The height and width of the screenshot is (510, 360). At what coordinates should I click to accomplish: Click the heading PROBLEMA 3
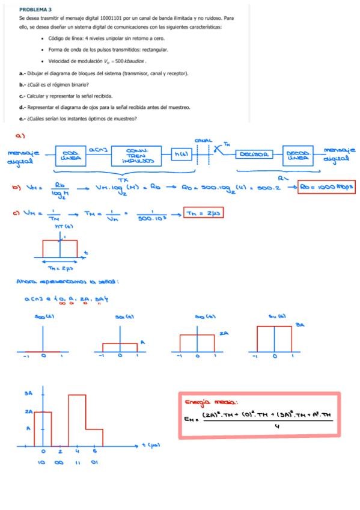[35, 10]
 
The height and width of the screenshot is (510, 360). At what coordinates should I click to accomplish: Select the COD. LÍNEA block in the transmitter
[71, 155]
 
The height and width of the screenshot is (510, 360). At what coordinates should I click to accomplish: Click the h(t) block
[180, 155]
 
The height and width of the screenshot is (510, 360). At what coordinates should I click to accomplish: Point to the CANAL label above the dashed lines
[204, 140]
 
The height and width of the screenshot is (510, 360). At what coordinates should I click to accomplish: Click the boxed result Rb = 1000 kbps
[328, 188]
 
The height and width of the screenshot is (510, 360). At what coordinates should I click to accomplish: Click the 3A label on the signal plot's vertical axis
[27, 395]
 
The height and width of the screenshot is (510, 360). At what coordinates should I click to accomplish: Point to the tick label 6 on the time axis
[95, 452]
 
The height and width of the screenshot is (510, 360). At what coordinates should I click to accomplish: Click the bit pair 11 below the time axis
[78, 462]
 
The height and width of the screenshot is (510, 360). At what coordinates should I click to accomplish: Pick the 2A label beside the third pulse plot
[223, 333]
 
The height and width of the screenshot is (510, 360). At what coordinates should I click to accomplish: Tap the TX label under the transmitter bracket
[124, 179]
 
